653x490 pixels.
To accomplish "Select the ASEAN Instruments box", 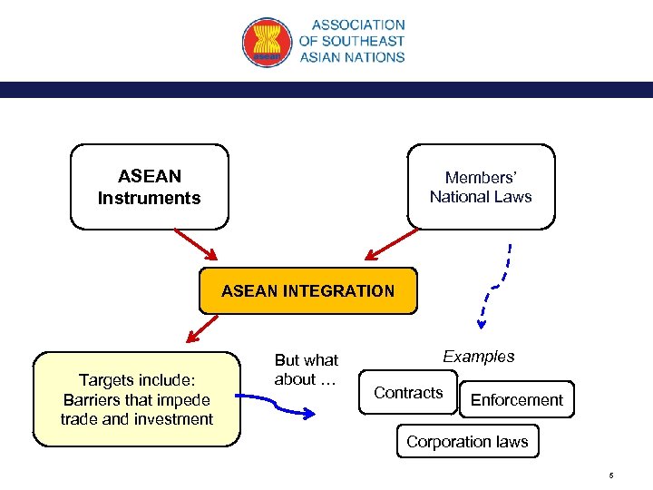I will [150, 186].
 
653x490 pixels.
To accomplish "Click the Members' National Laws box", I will [481, 186].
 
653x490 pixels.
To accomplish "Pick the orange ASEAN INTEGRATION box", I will [307, 290].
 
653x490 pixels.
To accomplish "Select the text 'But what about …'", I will [306, 370].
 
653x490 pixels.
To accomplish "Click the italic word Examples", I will [478, 357].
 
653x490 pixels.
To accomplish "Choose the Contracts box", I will [408, 393].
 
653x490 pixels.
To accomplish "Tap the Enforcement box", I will [516, 400].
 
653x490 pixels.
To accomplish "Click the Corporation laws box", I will [467, 442].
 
